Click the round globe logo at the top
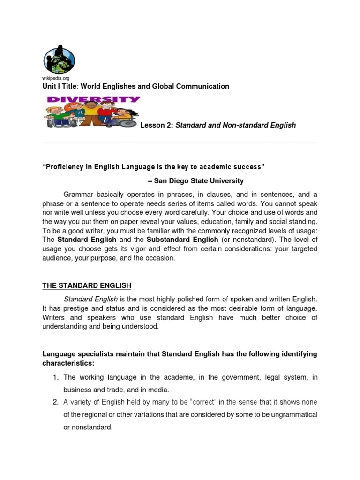click(59, 59)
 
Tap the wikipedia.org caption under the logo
click(56, 78)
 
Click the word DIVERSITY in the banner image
click(93, 99)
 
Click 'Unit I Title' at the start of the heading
click(59, 86)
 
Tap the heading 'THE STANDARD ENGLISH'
click(87, 285)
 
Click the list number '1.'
click(55, 377)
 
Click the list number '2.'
click(55, 402)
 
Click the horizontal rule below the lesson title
click(180, 142)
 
